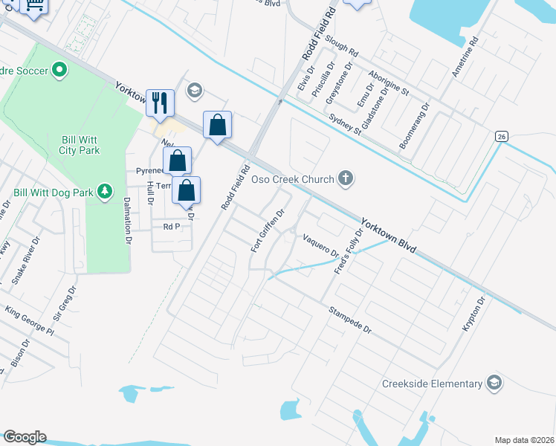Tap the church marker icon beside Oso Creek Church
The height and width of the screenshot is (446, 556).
344,178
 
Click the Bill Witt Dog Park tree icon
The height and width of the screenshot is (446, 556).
105,192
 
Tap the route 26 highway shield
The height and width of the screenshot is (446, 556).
502,136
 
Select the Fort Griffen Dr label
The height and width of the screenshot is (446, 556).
268,230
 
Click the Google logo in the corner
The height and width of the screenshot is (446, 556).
25,436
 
